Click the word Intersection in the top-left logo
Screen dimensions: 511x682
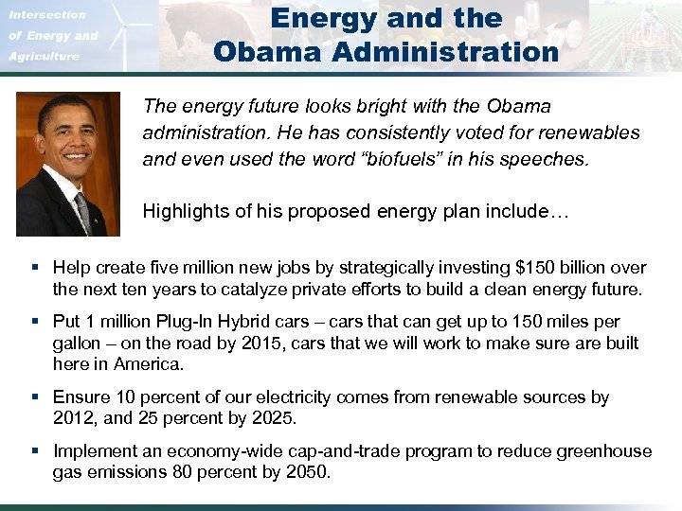(x=47, y=14)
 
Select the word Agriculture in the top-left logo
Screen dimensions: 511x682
(x=45, y=57)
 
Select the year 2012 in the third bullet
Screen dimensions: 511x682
(x=73, y=417)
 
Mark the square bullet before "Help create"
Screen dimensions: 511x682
(x=34, y=268)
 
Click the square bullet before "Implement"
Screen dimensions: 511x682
(x=34, y=451)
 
